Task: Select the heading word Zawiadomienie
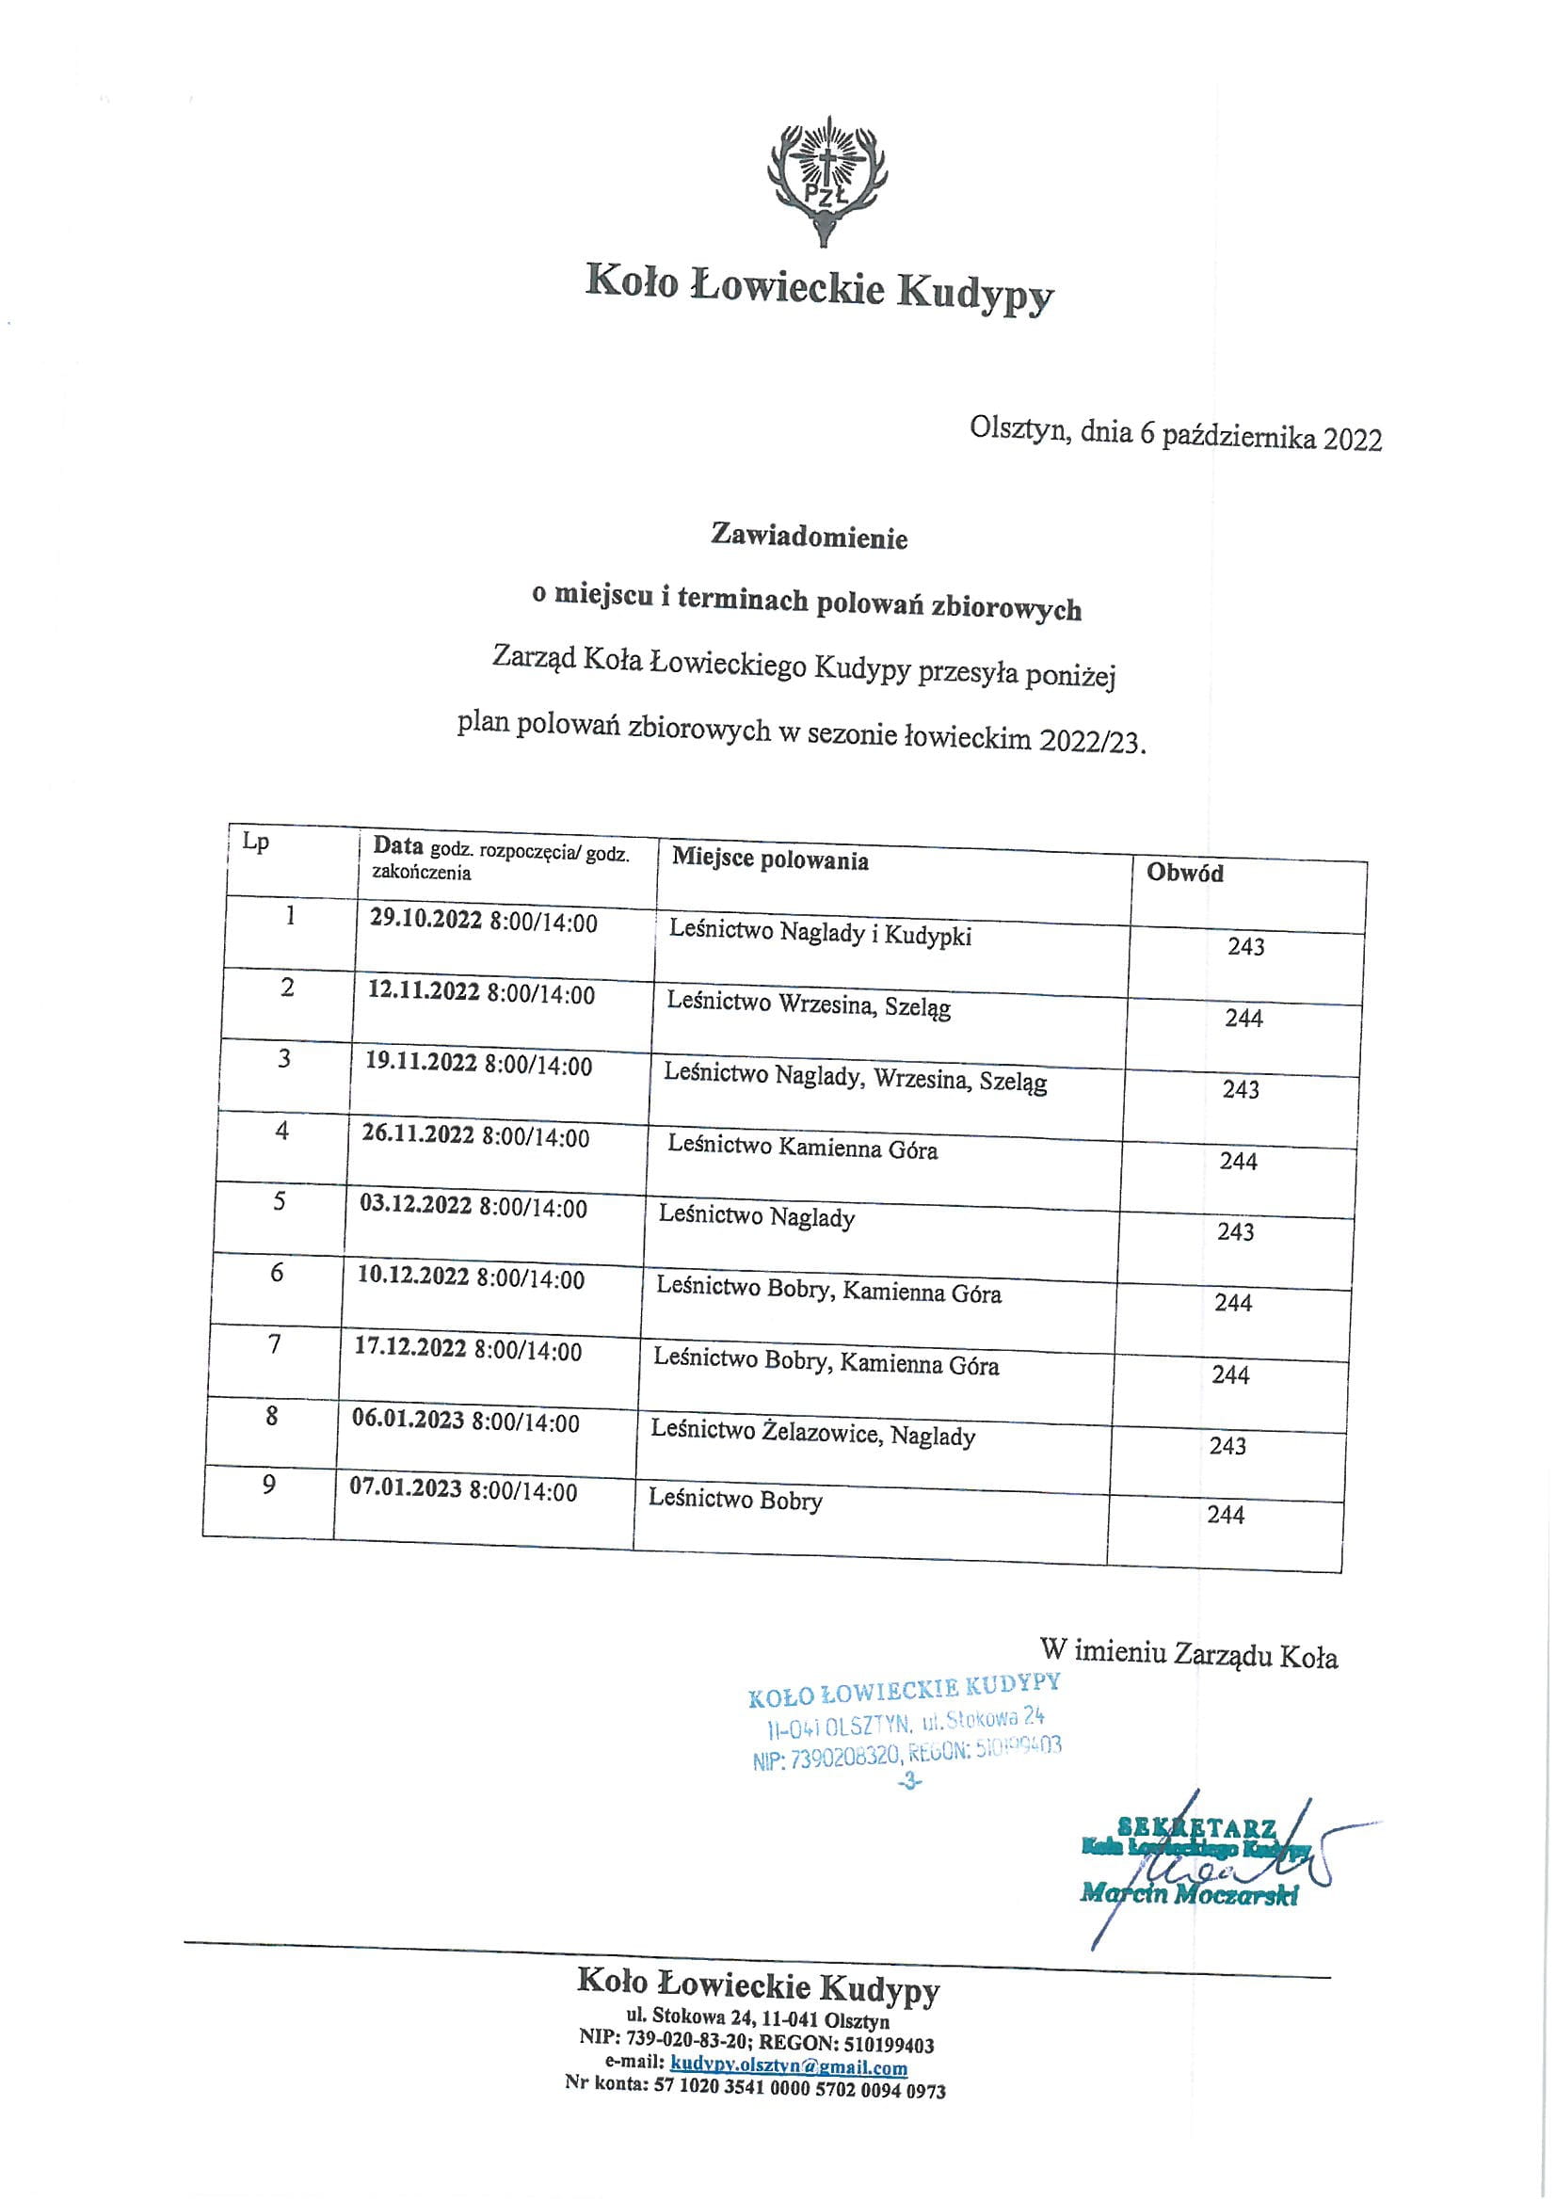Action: (x=810, y=536)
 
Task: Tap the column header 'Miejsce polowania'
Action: (x=770, y=859)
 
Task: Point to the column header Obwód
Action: (x=1185, y=873)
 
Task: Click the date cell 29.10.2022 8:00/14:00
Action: (x=483, y=921)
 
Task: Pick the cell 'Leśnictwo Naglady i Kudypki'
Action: (x=821, y=933)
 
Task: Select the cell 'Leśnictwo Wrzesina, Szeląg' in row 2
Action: (x=810, y=1004)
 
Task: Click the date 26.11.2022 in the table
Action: (x=418, y=1134)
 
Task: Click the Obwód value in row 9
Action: (x=1226, y=1515)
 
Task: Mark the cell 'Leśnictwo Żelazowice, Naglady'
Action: (x=813, y=1433)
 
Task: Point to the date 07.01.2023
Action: (x=406, y=1488)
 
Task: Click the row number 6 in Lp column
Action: (x=277, y=1273)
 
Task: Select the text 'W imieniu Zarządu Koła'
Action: (x=1188, y=1653)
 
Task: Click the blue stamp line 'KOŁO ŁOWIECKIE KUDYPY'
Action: (x=904, y=1690)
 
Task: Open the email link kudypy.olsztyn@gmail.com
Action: (x=789, y=2066)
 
